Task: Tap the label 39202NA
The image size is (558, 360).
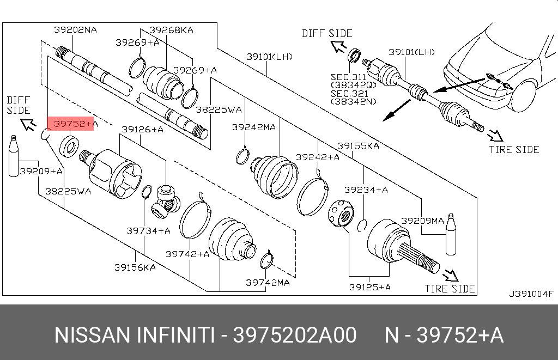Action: coord(75,30)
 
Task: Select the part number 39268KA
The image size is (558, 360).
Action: coord(171,30)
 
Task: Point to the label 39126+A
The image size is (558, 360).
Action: coord(142,129)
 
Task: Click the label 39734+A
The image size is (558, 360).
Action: coord(148,230)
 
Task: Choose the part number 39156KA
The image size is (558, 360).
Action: coord(135,267)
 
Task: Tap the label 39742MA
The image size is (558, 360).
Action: coord(268,282)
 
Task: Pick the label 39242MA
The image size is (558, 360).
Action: coord(253,127)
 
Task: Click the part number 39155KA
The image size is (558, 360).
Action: coord(358,146)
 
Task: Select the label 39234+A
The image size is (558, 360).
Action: coord(366,190)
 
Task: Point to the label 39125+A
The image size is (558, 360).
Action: coord(369,287)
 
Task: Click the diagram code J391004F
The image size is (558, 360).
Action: coord(531,294)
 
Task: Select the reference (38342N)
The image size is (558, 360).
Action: coord(354,102)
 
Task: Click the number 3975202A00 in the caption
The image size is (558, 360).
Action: coord(295,335)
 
